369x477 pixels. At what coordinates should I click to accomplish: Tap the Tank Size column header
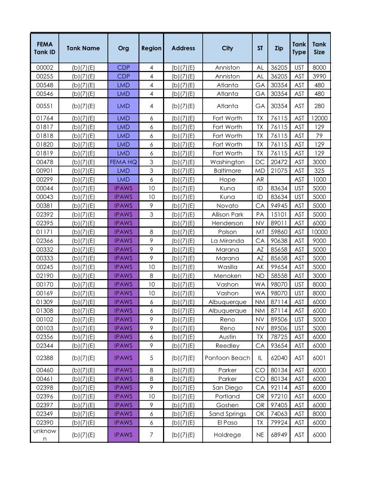coord(319,48)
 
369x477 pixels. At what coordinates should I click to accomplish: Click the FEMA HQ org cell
coord(124,162)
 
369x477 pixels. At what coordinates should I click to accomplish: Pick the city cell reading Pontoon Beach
coord(227,358)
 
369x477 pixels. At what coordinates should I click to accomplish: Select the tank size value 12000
coord(319,118)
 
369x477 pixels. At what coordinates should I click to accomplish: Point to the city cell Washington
coord(227,162)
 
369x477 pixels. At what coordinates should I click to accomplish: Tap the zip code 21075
coord(279,171)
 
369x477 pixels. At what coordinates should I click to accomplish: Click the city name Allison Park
coord(227,215)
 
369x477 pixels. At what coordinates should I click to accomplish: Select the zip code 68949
coord(279,435)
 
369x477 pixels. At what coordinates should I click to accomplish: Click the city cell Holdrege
coord(227,435)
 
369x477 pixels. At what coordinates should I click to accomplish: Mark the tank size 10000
coord(319,232)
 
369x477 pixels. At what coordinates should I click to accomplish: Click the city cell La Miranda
coord(227,241)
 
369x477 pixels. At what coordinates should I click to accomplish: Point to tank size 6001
coord(319,358)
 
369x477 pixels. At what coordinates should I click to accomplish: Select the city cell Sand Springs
coord(227,413)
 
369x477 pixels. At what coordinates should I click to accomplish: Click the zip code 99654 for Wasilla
coord(279,267)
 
